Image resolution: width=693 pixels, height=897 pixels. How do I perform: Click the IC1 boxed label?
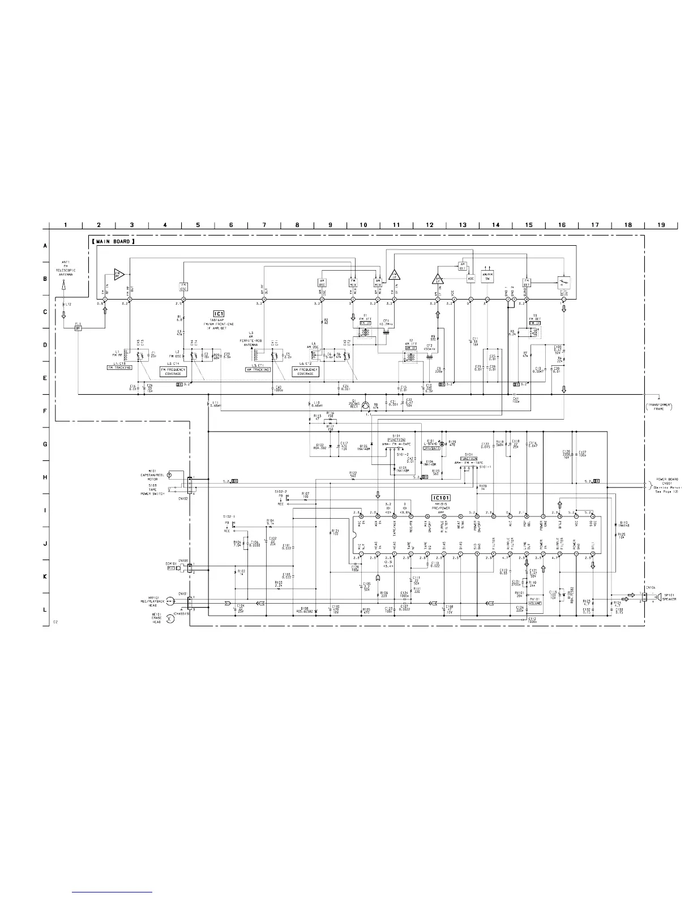click(x=219, y=314)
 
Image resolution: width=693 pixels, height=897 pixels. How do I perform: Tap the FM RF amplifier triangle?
click(x=118, y=275)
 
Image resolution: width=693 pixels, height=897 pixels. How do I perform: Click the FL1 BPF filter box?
click(x=79, y=328)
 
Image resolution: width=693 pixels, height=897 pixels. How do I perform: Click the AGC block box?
click(x=470, y=279)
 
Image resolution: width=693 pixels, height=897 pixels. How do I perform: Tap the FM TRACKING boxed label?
click(x=119, y=368)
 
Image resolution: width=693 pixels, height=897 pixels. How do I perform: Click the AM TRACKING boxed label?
click(x=258, y=370)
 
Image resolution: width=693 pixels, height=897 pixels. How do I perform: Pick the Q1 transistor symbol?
click(x=366, y=405)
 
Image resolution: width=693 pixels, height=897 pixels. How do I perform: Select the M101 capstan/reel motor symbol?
click(x=179, y=475)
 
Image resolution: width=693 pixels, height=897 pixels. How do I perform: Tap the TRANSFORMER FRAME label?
click(x=659, y=406)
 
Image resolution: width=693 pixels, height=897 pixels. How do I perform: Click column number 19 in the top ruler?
click(x=661, y=225)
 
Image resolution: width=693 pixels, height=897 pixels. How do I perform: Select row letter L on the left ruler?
click(x=45, y=609)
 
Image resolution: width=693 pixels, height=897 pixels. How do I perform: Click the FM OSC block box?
click(x=183, y=285)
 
